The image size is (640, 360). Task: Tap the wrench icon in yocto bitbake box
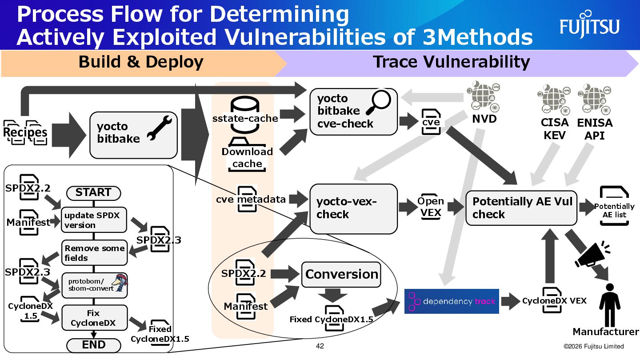[158, 128]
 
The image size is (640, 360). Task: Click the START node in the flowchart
[93, 193]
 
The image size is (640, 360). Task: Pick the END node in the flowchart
[93, 345]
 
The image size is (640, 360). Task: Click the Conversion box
[341, 274]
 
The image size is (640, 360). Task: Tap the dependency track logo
[452, 301]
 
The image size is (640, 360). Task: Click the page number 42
[320, 346]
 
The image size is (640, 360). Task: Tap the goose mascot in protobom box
[119, 283]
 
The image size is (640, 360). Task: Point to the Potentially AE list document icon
[614, 206]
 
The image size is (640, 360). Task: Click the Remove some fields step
[94, 253]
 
